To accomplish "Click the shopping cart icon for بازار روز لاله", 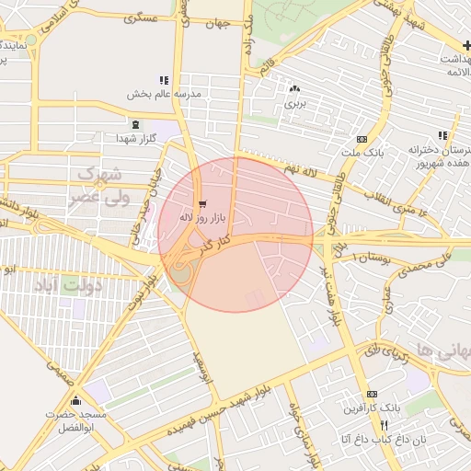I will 202,203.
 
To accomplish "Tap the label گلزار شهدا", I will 136,138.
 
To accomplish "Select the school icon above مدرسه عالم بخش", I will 164,80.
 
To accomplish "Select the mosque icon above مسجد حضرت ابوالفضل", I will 75,401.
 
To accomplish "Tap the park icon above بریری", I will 294,88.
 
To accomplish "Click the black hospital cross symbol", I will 466,44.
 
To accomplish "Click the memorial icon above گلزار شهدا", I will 136,124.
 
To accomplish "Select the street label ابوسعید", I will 203,369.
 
